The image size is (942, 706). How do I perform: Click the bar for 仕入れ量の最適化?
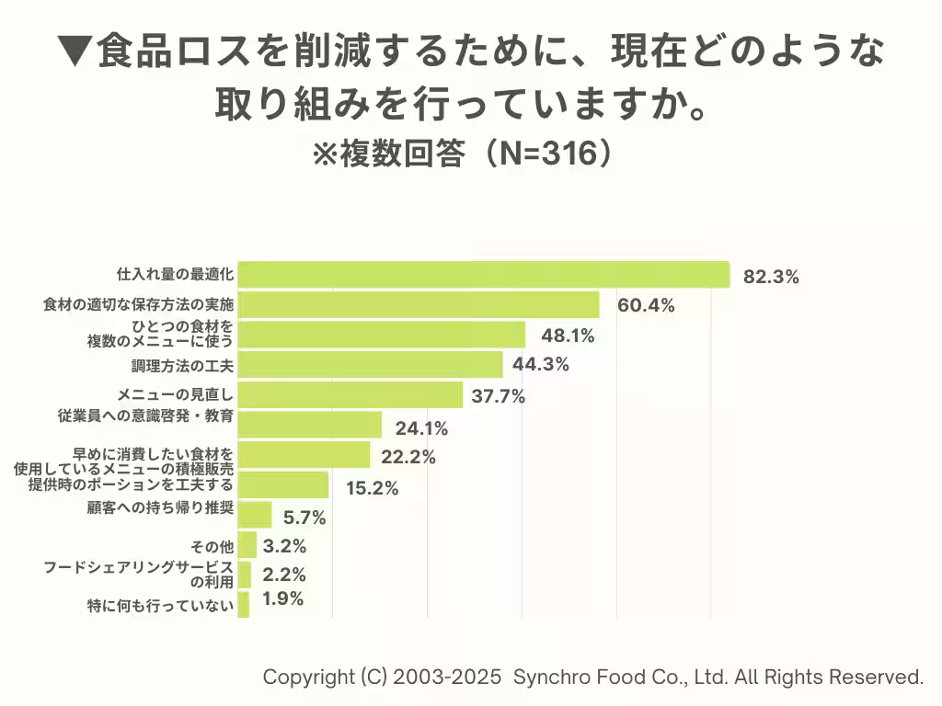(484, 275)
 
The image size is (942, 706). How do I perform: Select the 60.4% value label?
(646, 305)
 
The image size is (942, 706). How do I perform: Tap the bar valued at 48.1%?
(382, 335)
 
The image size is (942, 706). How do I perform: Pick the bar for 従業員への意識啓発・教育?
(310, 425)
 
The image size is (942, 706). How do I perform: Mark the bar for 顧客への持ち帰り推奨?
(255, 515)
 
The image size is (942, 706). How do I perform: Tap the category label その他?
(218, 547)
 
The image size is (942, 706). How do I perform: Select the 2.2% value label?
(283, 575)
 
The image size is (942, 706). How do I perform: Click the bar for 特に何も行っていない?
(243, 605)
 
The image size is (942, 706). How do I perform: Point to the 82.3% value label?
(771, 277)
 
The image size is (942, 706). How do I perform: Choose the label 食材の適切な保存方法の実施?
(139, 303)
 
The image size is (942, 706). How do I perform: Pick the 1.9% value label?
(282, 599)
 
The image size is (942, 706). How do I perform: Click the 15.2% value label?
(372, 488)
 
